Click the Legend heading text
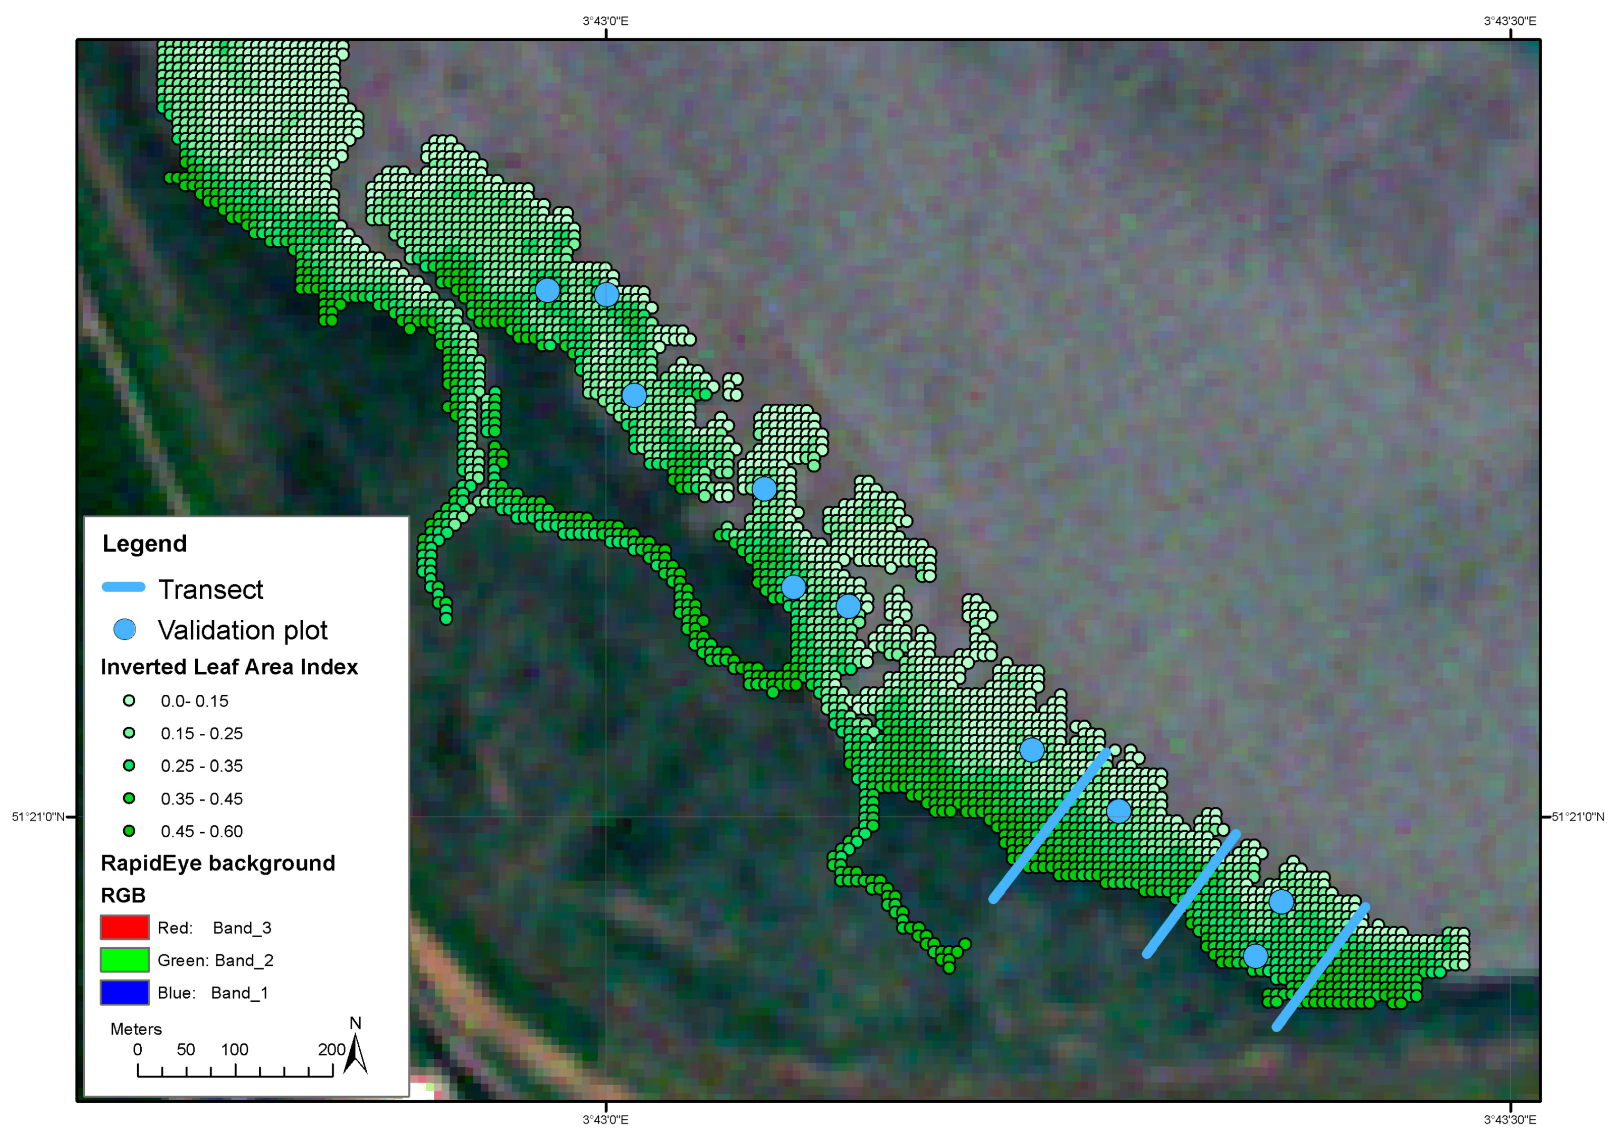(x=144, y=544)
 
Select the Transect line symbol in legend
(x=124, y=587)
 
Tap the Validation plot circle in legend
(x=125, y=629)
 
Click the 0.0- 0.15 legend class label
(x=194, y=701)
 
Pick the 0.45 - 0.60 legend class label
(x=201, y=831)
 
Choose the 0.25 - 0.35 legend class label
(x=201, y=766)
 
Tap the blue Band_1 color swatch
(x=125, y=992)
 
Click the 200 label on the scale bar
(x=331, y=1049)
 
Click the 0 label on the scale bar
(x=137, y=1049)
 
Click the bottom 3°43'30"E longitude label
(x=1510, y=1119)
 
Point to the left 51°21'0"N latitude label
(x=38, y=817)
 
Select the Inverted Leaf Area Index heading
(x=229, y=667)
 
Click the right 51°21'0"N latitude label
(x=1578, y=817)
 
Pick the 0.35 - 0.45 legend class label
(x=201, y=799)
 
